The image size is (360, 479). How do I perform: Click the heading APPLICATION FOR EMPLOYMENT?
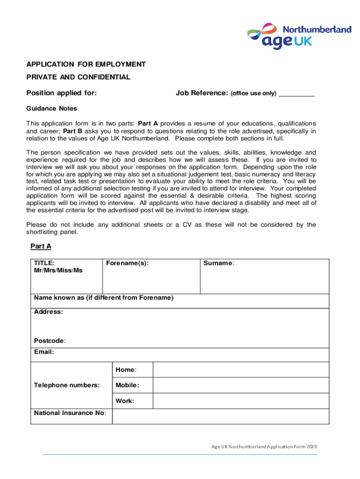pyautogui.click(x=86, y=65)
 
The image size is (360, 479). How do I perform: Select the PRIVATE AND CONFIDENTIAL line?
pyautogui.click(x=78, y=77)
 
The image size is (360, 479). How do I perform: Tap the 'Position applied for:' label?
pyautogui.click(x=62, y=93)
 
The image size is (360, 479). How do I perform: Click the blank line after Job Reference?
pyautogui.click(x=296, y=94)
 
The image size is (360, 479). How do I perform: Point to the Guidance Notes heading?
pyautogui.click(x=51, y=109)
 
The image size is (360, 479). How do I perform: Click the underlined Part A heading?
pyautogui.click(x=41, y=246)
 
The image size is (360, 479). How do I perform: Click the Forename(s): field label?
pyautogui.click(x=127, y=263)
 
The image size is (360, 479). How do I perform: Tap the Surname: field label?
pyautogui.click(x=219, y=263)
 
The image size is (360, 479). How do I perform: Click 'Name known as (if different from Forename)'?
pyautogui.click(x=104, y=298)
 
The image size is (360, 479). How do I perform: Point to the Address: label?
pyautogui.click(x=49, y=312)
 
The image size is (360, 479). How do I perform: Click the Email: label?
pyautogui.click(x=44, y=352)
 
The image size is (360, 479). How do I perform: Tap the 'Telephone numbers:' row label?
pyautogui.click(x=67, y=385)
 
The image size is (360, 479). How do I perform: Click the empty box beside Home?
pyautogui.click(x=241, y=370)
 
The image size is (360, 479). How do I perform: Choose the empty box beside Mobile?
pyautogui.click(x=241, y=385)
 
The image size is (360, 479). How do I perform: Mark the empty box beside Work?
pyautogui.click(x=241, y=401)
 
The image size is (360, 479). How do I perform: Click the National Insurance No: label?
pyautogui.click(x=70, y=413)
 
